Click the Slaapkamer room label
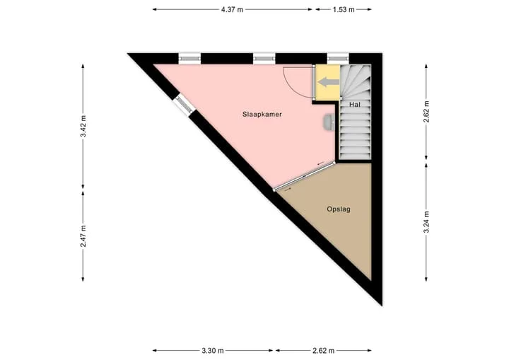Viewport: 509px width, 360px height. [x=262, y=115]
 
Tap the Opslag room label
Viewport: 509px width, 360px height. [x=339, y=209]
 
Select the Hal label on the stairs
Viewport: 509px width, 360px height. [x=355, y=105]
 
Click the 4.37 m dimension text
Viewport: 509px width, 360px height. [x=232, y=9]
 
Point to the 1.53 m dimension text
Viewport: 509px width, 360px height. [x=344, y=9]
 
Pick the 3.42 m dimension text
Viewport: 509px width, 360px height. [x=83, y=126]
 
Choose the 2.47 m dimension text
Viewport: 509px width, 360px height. [x=83, y=236]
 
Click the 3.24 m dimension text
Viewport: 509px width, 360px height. [x=426, y=222]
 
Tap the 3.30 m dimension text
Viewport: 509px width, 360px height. [x=213, y=351]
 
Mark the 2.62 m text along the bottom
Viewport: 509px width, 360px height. [x=323, y=351]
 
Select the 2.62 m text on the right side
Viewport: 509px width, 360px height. [x=426, y=112]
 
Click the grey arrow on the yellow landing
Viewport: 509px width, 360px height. [x=328, y=82]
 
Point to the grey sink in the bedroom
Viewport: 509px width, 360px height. [x=328, y=122]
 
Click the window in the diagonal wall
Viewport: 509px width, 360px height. [x=184, y=105]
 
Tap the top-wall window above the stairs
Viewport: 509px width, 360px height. [x=338, y=59]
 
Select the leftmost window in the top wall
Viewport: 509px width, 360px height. [x=190, y=59]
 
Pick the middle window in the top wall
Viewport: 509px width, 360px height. [x=264, y=59]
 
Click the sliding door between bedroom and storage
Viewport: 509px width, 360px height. [x=304, y=176]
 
